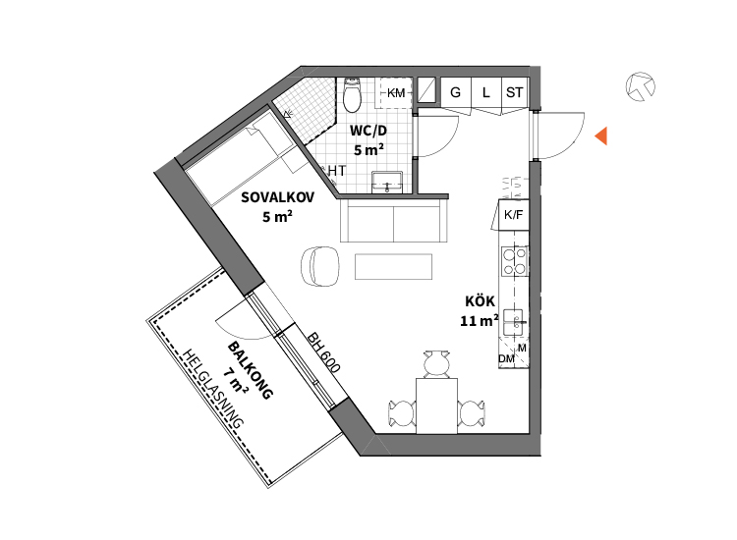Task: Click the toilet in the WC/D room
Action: coord(352,95)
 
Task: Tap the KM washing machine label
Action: coord(396,93)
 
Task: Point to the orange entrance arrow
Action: coord(601,135)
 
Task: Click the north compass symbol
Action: coord(641,86)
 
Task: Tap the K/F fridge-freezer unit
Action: coord(513,215)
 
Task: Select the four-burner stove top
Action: coord(514,261)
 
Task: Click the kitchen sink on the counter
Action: coord(514,322)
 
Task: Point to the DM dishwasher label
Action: coord(506,358)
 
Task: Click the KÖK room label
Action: coord(480,301)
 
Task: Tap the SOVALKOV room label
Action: coord(277,197)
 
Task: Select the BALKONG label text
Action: coord(250,370)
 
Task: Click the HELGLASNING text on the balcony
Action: coord(213,389)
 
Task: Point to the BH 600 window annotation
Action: coord(323,352)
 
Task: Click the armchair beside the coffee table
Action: coord(320,266)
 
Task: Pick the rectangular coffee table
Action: coord(393,267)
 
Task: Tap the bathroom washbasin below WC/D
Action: coord(387,183)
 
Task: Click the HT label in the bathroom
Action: coord(337,171)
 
